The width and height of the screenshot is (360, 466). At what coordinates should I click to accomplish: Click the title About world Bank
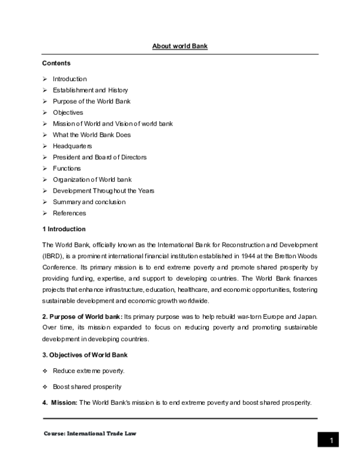point(179,46)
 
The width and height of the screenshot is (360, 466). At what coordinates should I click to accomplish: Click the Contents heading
point(56,63)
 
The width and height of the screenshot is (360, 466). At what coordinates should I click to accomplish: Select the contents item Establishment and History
point(90,90)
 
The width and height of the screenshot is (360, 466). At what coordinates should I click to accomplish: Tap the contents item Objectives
point(68,112)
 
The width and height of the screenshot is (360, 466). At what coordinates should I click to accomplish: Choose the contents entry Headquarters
point(73,146)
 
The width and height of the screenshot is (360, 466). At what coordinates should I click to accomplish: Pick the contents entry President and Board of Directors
point(99,157)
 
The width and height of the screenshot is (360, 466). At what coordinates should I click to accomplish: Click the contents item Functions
point(67,168)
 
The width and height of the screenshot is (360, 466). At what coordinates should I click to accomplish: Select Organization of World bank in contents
point(92,180)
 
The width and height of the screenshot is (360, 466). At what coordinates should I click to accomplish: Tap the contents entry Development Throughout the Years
point(103,190)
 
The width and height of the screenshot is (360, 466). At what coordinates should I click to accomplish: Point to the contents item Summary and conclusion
point(89,202)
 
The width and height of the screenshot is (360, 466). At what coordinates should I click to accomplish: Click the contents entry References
point(69,213)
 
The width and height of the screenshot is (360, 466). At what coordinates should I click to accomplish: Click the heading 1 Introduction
point(64,229)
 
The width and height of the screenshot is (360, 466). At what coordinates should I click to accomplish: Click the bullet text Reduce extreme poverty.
point(88,371)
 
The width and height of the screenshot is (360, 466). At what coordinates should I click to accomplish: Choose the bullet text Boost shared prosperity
point(88,386)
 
